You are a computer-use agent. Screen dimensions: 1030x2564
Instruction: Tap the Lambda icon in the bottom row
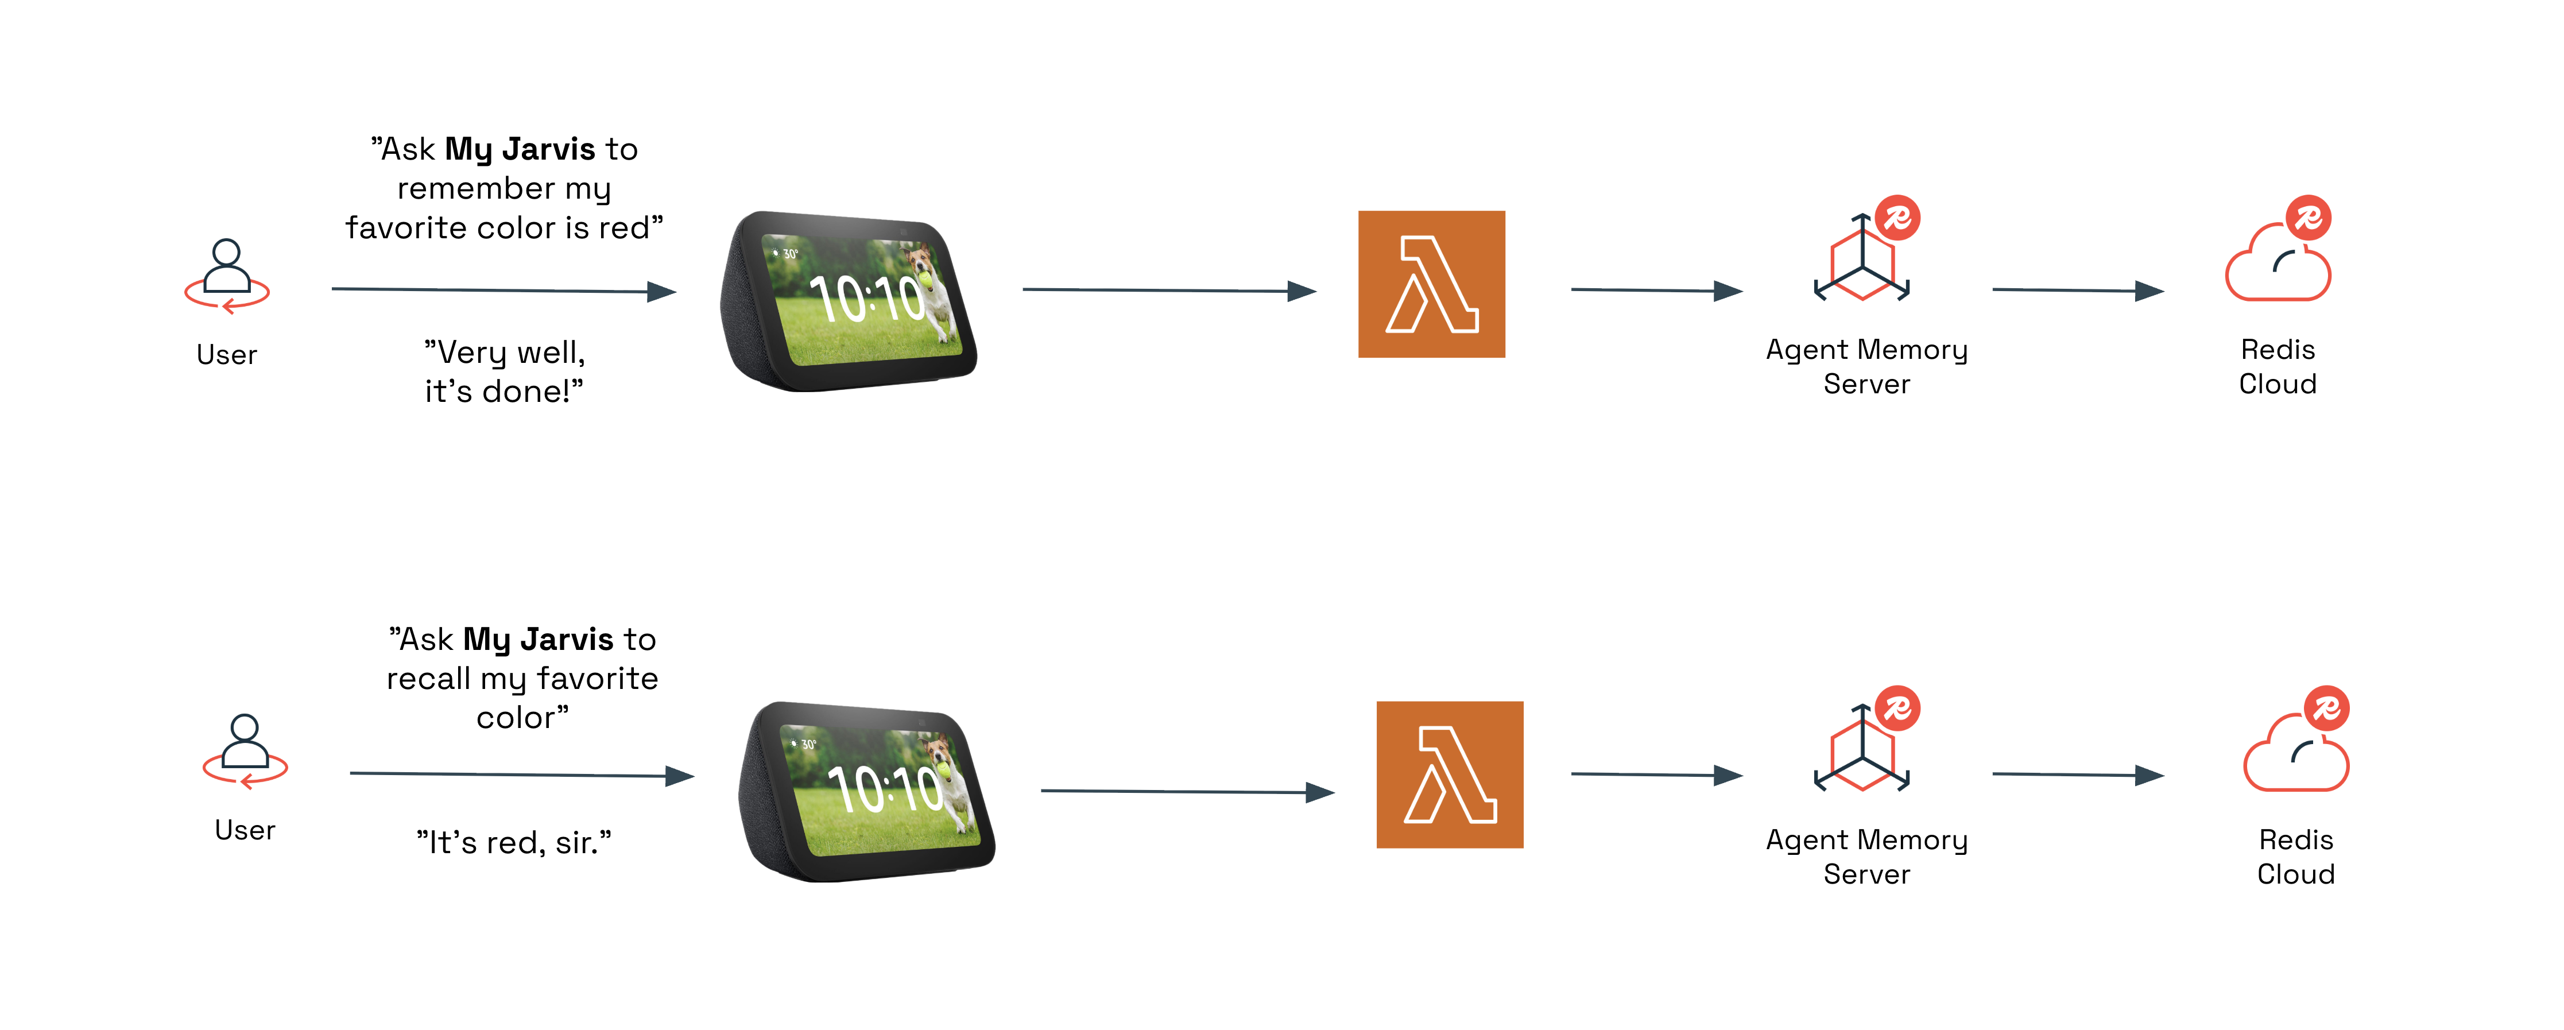pos(1449,775)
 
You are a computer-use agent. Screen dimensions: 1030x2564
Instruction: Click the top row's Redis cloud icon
pos(2278,261)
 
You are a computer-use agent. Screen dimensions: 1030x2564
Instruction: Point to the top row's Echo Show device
pos(848,300)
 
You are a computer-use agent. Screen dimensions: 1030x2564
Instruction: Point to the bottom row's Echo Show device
pos(866,791)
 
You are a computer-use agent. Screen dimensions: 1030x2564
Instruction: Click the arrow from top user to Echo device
pos(503,289)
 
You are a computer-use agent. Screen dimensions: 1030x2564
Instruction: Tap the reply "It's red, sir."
pos(514,843)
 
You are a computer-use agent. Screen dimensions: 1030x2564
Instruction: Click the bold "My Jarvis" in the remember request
pos(520,149)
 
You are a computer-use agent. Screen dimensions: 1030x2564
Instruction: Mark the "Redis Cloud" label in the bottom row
pos(2295,857)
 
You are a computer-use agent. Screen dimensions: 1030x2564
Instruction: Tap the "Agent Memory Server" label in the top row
pos(1866,366)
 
